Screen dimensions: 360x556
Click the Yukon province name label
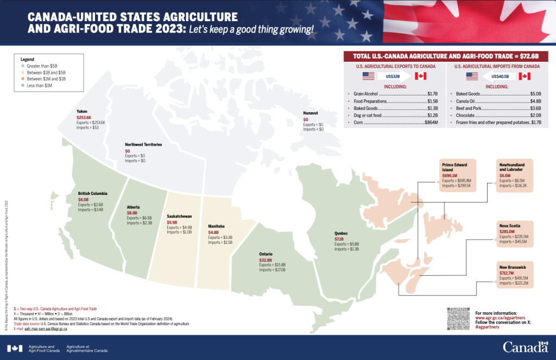pos(81,111)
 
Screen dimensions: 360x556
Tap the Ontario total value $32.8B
pos(266,260)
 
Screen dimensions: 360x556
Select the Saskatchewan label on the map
pos(179,216)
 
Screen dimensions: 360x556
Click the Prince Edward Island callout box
pos(457,175)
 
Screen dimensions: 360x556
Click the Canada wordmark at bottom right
pos(525,347)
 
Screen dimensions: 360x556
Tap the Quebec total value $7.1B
pos(339,238)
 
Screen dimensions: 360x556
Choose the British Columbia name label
pos(93,194)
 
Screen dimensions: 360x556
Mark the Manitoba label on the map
pos(218,226)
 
